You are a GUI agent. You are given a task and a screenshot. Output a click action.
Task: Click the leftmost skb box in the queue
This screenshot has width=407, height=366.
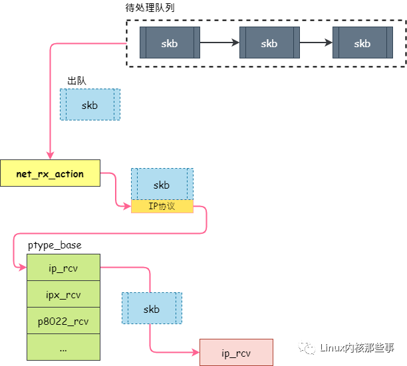pyautogui.click(x=169, y=43)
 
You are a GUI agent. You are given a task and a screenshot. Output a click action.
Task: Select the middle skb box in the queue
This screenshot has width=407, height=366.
pyautogui.click(x=269, y=43)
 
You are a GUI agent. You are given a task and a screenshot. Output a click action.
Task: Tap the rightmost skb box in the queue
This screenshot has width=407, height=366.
pyautogui.click(x=362, y=43)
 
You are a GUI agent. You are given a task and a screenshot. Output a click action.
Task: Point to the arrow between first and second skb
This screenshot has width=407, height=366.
pyautogui.click(x=219, y=43)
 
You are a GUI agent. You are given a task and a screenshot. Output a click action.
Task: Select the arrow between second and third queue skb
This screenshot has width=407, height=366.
pyautogui.click(x=315, y=43)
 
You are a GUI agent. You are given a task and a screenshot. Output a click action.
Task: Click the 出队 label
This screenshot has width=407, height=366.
pyautogui.click(x=76, y=80)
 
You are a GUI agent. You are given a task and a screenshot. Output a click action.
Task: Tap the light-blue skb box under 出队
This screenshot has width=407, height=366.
pyautogui.click(x=90, y=105)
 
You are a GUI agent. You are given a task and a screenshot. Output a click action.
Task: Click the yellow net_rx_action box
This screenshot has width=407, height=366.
pyautogui.click(x=50, y=174)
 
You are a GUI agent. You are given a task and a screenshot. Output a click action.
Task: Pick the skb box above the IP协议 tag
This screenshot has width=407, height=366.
pyautogui.click(x=162, y=184)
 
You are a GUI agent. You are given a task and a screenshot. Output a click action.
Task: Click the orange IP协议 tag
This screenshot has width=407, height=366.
pyautogui.click(x=162, y=206)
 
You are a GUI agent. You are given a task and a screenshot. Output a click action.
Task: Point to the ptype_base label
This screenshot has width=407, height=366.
pyautogui.click(x=55, y=245)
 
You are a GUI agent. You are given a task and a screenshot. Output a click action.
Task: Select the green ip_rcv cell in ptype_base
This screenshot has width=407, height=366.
pyautogui.click(x=63, y=268)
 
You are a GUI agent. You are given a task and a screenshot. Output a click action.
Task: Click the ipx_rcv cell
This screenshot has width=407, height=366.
pyautogui.click(x=63, y=294)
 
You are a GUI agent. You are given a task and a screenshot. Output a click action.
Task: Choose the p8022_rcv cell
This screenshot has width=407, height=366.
pyautogui.click(x=63, y=321)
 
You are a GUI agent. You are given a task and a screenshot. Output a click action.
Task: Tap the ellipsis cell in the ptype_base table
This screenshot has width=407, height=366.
pyautogui.click(x=63, y=347)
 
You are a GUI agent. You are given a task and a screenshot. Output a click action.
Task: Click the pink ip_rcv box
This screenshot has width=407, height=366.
pyautogui.click(x=236, y=352)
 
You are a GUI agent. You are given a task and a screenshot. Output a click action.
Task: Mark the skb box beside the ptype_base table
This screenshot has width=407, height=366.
pyautogui.click(x=152, y=309)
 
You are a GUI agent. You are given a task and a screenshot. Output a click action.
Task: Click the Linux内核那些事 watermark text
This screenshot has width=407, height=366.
pyautogui.click(x=356, y=347)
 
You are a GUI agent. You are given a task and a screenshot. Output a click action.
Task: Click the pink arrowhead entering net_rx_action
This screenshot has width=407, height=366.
pyautogui.click(x=50, y=155)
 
